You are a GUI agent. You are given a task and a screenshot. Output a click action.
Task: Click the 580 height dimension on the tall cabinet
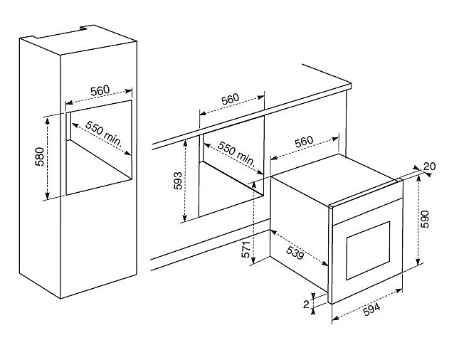tap(40, 157)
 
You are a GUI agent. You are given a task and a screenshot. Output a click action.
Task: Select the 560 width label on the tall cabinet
tap(100, 90)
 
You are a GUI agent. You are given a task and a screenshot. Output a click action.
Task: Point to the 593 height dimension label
tap(178, 181)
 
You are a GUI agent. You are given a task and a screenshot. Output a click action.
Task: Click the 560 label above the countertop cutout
tap(231, 99)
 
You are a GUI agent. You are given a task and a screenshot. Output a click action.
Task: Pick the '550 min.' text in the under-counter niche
tap(236, 154)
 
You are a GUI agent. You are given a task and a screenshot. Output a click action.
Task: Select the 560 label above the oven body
tap(304, 142)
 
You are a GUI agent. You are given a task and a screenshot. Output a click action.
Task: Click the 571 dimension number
tap(246, 249)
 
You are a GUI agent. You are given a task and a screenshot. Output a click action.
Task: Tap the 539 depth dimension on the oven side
tap(295, 253)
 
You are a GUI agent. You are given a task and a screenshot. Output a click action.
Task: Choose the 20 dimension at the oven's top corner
tap(429, 166)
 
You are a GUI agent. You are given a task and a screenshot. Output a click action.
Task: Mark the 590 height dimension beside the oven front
tap(425, 219)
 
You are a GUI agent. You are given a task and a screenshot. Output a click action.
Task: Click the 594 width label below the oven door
tap(371, 309)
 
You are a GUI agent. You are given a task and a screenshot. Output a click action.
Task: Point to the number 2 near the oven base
tap(306, 304)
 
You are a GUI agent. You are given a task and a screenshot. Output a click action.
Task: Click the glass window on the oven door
tap(368, 250)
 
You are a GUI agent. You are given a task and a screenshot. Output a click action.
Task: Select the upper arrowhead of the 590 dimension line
tap(418, 179)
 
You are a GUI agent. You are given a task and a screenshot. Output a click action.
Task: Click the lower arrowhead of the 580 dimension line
tap(47, 196)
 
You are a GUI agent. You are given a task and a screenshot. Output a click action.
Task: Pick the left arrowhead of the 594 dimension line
tap(335, 318)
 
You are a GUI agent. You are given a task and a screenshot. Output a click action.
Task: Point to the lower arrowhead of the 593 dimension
tap(185, 218)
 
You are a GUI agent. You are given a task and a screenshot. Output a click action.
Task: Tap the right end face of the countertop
tap(350, 86)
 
